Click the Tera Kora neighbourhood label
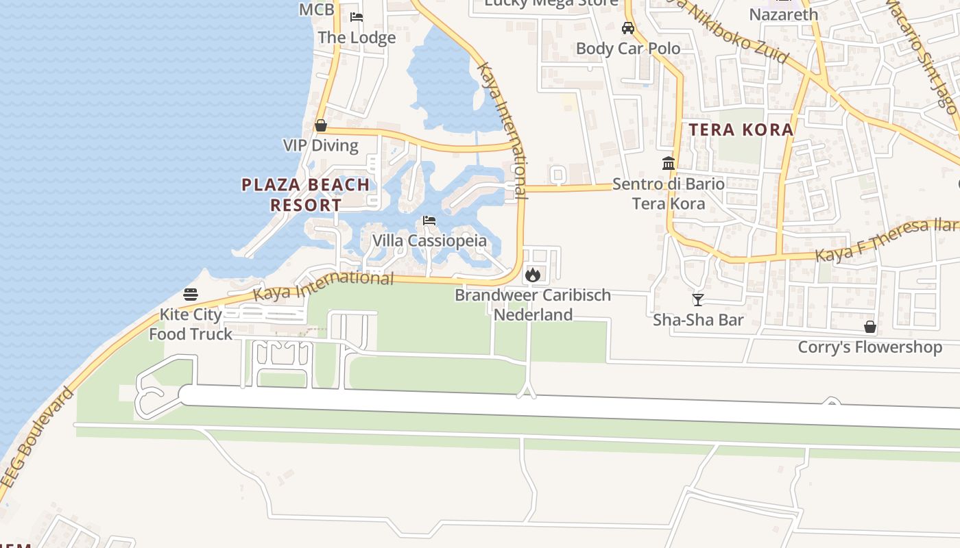741,129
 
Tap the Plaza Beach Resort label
306,195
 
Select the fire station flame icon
532,275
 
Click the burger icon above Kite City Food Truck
191,295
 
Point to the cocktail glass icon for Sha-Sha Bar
698,300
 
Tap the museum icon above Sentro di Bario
669,163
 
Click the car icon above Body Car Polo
628,28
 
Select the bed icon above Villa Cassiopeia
429,221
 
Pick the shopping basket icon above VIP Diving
320,125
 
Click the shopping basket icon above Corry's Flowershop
870,327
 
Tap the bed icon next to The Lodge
357,17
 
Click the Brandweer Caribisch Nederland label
533,305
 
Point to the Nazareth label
784,14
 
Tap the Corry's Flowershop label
870,347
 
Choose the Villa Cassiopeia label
429,241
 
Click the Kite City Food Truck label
191,325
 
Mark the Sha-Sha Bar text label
698,320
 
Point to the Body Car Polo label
628,49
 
